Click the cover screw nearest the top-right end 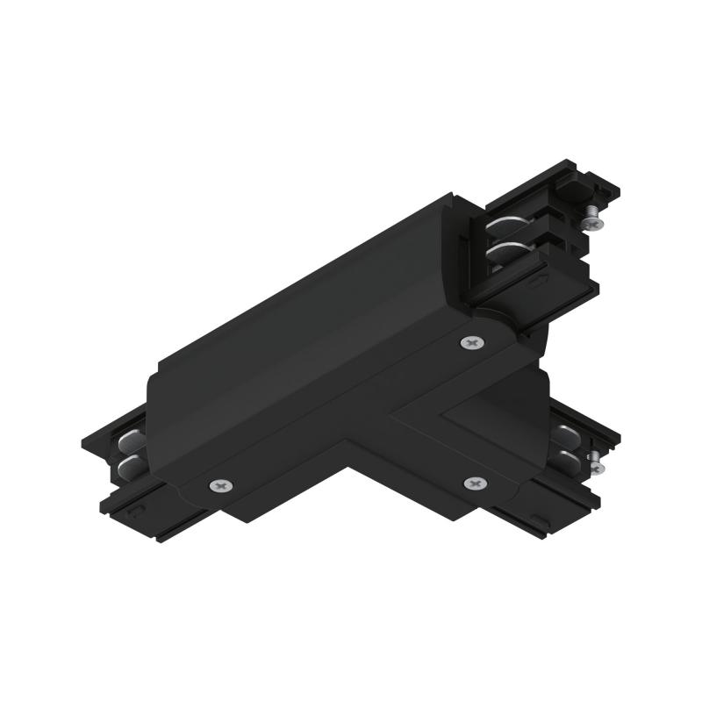tap(473, 343)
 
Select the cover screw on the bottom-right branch tap(475, 483)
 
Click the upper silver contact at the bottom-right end tap(564, 432)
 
